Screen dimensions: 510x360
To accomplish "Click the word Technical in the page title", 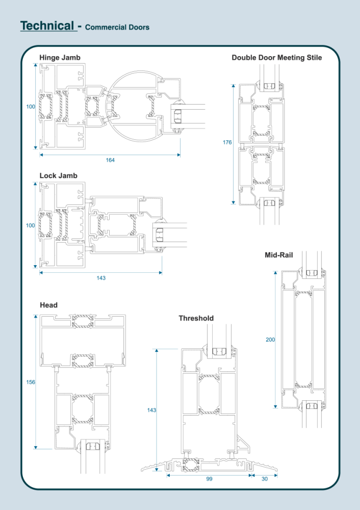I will click(x=47, y=25).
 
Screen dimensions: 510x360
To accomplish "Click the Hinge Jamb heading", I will click(x=60, y=58).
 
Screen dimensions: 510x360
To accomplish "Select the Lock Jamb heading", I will click(x=58, y=175).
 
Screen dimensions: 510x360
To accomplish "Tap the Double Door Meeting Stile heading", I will click(x=276, y=58).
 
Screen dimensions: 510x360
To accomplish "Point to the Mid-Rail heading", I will click(x=279, y=254).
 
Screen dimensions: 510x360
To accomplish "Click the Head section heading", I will click(x=48, y=305).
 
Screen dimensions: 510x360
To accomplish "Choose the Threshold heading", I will click(x=196, y=318).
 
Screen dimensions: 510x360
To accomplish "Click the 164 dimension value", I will click(x=110, y=160).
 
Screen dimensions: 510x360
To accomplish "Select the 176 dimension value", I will click(x=227, y=142).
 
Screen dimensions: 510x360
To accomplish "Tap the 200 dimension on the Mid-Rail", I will click(x=270, y=339).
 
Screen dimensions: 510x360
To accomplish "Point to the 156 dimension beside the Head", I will click(x=31, y=382).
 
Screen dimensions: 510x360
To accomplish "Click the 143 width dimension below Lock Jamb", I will click(x=101, y=278).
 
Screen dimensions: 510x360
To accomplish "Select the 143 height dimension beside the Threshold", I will click(x=151, y=410).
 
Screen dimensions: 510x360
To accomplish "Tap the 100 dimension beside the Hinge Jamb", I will click(x=31, y=107).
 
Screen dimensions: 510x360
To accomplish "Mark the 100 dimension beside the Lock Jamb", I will click(x=31, y=225).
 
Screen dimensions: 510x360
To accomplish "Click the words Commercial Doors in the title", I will click(x=117, y=27).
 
